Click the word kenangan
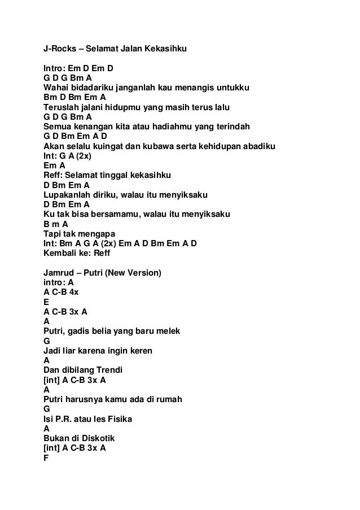point(93,127)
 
